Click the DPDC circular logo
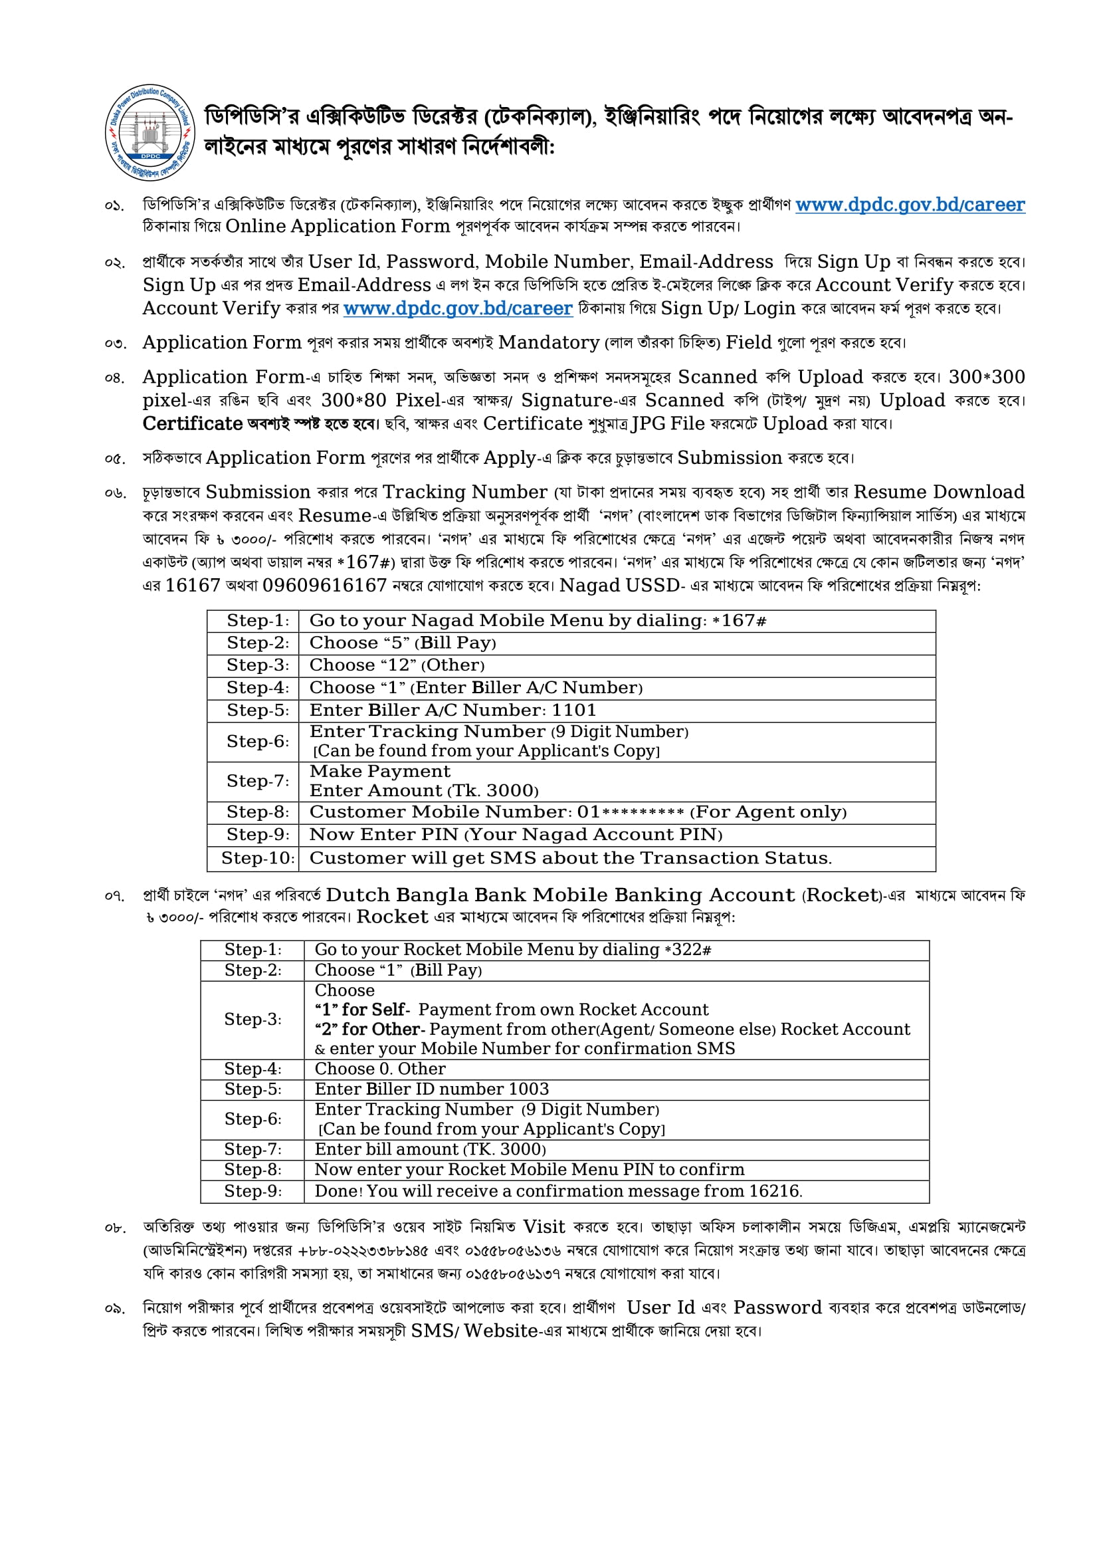coord(150,133)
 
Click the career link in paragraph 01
coord(910,205)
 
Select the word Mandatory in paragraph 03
coord(548,343)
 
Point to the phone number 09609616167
coord(324,586)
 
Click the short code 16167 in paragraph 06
coord(193,586)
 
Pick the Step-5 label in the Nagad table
coord(257,711)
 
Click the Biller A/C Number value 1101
coord(574,711)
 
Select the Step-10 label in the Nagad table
coord(257,858)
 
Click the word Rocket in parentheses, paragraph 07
coord(842,895)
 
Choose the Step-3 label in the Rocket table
coord(252,1020)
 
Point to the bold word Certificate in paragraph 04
coord(192,424)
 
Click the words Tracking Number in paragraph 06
coord(464,493)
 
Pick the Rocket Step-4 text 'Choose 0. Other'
coord(379,1069)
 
